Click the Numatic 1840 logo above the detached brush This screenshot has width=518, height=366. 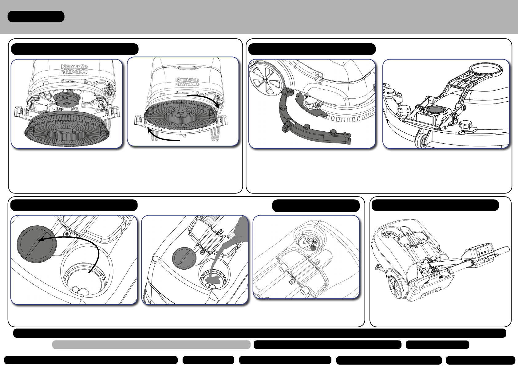(x=74, y=69)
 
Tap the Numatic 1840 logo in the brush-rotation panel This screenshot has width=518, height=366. (x=187, y=82)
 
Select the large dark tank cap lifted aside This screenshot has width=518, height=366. (x=37, y=244)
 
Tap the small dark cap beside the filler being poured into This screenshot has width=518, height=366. (x=184, y=258)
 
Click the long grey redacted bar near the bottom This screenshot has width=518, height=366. (x=151, y=344)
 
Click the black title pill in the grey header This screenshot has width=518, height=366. (x=36, y=16)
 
